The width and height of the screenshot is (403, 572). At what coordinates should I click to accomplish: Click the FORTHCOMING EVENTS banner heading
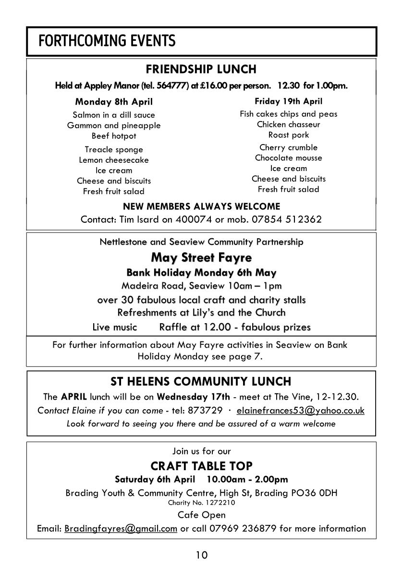[x=107, y=41]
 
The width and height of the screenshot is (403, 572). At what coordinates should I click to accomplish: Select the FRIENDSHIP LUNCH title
[x=201, y=69]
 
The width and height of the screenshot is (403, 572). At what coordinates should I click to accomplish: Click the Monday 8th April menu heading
[x=114, y=102]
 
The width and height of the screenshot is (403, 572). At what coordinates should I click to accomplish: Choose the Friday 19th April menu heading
[x=288, y=101]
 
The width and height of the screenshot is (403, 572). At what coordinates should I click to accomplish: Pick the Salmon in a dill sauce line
[x=114, y=115]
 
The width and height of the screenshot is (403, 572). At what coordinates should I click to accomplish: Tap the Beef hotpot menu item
[x=114, y=136]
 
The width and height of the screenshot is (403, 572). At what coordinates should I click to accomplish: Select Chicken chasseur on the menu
[x=288, y=124]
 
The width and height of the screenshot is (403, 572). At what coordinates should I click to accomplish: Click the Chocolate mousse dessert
[x=288, y=158]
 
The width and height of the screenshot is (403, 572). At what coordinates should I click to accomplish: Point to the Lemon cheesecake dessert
[x=114, y=160]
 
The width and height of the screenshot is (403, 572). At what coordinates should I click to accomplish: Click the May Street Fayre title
[x=201, y=257]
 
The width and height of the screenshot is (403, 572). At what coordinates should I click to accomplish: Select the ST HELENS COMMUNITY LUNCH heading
[x=201, y=382]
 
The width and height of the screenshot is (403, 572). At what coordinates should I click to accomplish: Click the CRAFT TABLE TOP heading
[x=201, y=466]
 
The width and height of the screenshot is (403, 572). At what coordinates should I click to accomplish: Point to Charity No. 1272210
[x=201, y=503]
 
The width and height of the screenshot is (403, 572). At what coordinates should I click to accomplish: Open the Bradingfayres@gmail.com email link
[x=121, y=529]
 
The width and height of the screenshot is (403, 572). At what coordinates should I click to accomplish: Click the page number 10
[x=201, y=556]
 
